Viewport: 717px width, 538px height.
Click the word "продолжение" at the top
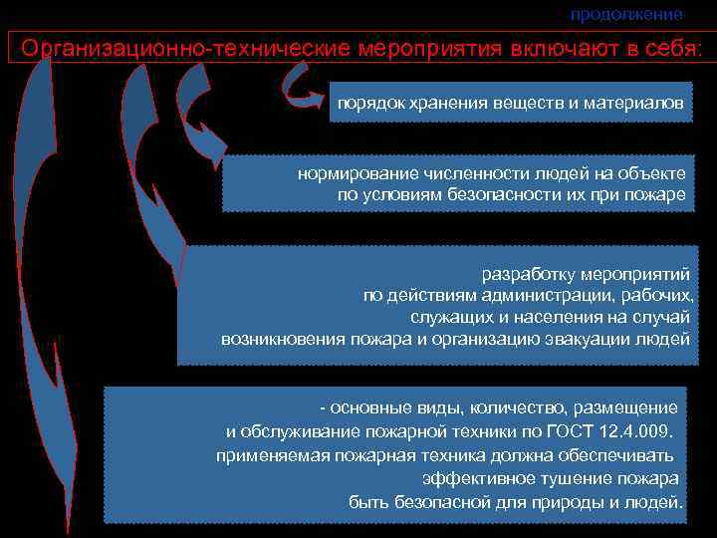pyautogui.click(x=626, y=14)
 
